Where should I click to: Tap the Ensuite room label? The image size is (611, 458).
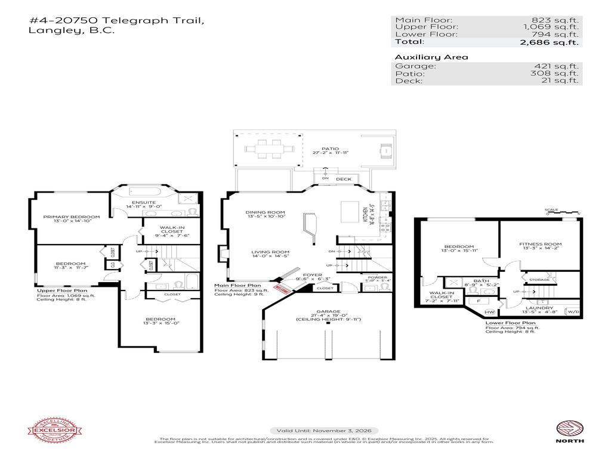(x=144, y=202)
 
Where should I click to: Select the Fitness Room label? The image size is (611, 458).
(x=540, y=244)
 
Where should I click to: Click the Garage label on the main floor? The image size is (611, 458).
(x=328, y=311)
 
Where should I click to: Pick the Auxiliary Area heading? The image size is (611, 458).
(x=423, y=57)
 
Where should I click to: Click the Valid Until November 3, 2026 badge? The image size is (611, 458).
(x=324, y=431)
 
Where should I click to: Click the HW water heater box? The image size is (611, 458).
(x=490, y=312)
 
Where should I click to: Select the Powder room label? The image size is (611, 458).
(x=378, y=277)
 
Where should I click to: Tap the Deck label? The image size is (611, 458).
(x=344, y=179)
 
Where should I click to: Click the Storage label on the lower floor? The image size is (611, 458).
(x=540, y=279)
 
